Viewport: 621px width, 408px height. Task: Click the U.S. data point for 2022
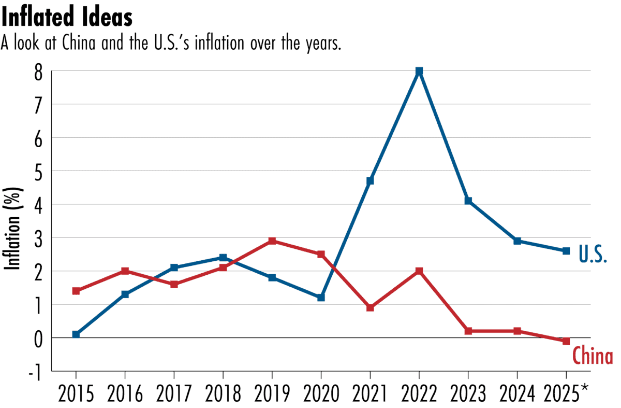[x=419, y=71]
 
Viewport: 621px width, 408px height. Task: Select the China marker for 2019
[x=272, y=241]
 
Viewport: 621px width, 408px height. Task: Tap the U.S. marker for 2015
[x=76, y=334]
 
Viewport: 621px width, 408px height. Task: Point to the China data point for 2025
[x=566, y=341]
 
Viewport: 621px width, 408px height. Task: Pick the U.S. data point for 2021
[x=370, y=181]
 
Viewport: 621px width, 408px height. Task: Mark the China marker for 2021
[x=370, y=307]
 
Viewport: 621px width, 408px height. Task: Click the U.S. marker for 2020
[x=321, y=298]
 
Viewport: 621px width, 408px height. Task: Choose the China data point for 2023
[x=468, y=331]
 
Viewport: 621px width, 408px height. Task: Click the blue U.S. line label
[x=592, y=255]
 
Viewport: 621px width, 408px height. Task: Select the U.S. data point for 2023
[x=468, y=201]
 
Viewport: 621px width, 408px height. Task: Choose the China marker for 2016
[x=125, y=271]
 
